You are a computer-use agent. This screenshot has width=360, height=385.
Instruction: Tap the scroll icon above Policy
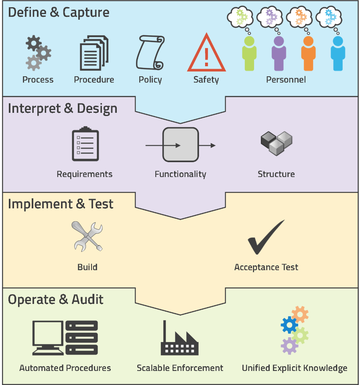click(150, 53)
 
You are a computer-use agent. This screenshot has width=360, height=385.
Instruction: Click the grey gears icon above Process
click(38, 53)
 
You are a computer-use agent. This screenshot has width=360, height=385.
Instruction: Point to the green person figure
click(249, 54)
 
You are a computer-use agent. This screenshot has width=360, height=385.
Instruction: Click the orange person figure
click(308, 54)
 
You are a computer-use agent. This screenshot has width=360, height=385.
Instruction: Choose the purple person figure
click(279, 54)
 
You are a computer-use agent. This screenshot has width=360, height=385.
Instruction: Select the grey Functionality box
click(180, 145)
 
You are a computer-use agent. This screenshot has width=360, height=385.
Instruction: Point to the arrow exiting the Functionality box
click(207, 145)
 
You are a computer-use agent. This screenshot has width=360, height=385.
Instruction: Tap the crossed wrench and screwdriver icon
click(87, 237)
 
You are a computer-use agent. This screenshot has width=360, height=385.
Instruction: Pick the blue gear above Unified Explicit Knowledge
click(289, 325)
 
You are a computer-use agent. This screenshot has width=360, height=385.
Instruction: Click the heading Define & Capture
click(59, 12)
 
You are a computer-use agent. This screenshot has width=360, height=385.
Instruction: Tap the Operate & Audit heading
click(56, 299)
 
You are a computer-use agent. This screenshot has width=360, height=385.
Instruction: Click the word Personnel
click(286, 79)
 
